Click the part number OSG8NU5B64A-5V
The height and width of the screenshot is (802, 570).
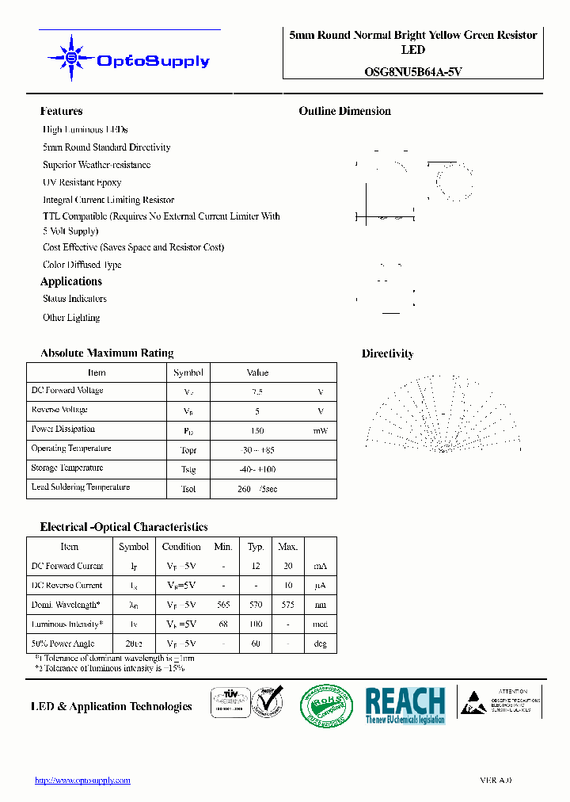coord(413,71)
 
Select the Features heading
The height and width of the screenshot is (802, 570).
coord(61,112)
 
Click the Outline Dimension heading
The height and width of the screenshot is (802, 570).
coord(344,112)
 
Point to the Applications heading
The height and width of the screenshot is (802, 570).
coord(71,281)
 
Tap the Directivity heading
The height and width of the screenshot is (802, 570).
coord(387,354)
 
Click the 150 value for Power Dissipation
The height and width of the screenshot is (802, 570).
coord(257,430)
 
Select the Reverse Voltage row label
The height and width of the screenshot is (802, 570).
coord(59,411)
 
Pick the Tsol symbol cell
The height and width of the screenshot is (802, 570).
coord(188,489)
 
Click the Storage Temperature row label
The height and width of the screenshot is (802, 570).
coord(67,468)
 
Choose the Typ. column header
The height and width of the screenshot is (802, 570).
coord(256,547)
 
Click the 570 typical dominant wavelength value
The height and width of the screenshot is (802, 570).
coord(256,605)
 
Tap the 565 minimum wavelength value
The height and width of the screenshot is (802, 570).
coord(223,605)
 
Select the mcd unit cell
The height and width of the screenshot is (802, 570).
coord(320,624)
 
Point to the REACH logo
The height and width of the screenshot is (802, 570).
coord(405,704)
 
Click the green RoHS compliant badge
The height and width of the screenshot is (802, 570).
coord(326,704)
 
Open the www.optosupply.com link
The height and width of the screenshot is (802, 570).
coord(83,781)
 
